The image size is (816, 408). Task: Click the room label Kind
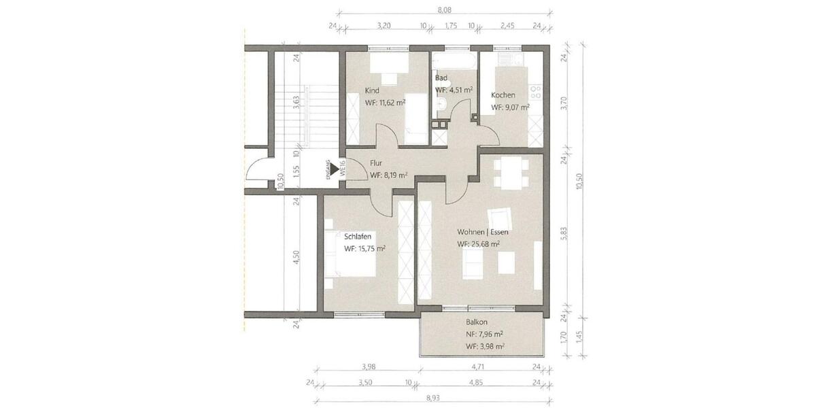pyautogui.click(x=372, y=90)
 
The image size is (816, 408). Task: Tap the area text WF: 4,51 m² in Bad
pyautogui.click(x=454, y=90)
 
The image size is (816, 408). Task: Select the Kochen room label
pyautogui.click(x=503, y=95)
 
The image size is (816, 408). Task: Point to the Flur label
pyautogui.click(x=377, y=163)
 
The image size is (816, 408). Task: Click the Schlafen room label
pyautogui.click(x=358, y=237)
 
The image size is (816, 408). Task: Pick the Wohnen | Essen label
pyautogui.click(x=483, y=232)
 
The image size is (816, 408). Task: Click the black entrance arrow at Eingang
pyautogui.click(x=335, y=169)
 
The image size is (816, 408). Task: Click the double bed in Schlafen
pyautogui.click(x=350, y=254)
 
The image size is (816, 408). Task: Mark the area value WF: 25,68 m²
pyautogui.click(x=479, y=243)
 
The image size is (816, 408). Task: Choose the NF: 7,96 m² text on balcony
pyautogui.click(x=484, y=334)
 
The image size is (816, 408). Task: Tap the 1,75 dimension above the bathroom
pyautogui.click(x=450, y=26)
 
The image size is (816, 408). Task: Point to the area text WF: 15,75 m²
pyautogui.click(x=364, y=249)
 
